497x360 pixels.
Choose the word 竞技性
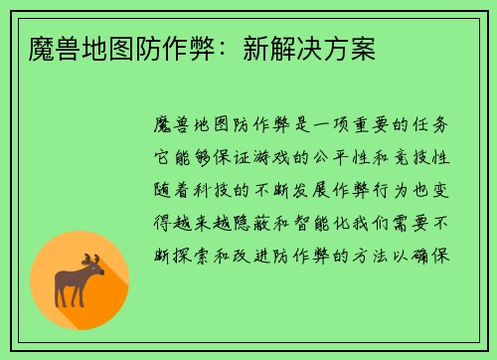point(429,159)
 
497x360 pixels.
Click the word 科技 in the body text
point(219,191)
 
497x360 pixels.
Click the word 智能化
point(329,223)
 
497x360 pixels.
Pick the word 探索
point(197,255)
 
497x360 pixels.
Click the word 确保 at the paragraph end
point(440,255)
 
